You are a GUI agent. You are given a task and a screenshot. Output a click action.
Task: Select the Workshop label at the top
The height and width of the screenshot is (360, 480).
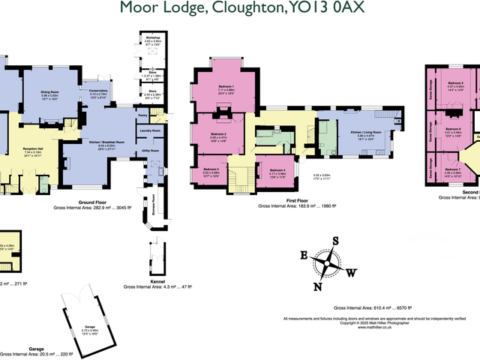tap(152, 34)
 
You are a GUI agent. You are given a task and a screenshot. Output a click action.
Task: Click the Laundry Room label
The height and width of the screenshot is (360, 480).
tap(151, 130)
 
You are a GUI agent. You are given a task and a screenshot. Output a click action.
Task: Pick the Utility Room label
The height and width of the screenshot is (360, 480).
tap(151, 150)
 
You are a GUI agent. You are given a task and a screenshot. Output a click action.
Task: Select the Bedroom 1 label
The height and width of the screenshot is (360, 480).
tap(226, 87)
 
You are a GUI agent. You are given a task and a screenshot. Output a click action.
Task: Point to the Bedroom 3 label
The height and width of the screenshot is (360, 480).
tap(211, 169)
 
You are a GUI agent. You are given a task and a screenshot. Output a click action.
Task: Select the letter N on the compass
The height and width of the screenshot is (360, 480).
tap(317, 285)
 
